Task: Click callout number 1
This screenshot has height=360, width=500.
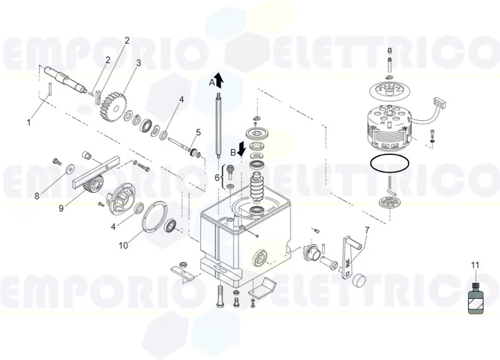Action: pyautogui.click(x=29, y=122)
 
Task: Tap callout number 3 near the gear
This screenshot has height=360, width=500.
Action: pyautogui.click(x=138, y=63)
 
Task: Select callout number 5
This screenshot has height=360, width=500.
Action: pyautogui.click(x=198, y=132)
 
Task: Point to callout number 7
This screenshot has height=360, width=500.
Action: pyautogui.click(x=366, y=230)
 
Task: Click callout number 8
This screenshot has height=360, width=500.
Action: pyautogui.click(x=37, y=195)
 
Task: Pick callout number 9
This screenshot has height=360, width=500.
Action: pyautogui.click(x=61, y=210)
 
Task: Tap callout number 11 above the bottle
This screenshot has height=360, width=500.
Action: pyautogui.click(x=475, y=266)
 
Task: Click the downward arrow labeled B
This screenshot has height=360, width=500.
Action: pyautogui.click(x=243, y=148)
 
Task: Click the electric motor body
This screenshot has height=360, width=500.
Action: pyautogui.click(x=388, y=124)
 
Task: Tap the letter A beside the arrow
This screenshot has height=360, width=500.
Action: pyautogui.click(x=212, y=83)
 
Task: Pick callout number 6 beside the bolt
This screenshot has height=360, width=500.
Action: pyautogui.click(x=216, y=177)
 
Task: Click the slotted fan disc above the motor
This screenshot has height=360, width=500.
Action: pyautogui.click(x=388, y=90)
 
